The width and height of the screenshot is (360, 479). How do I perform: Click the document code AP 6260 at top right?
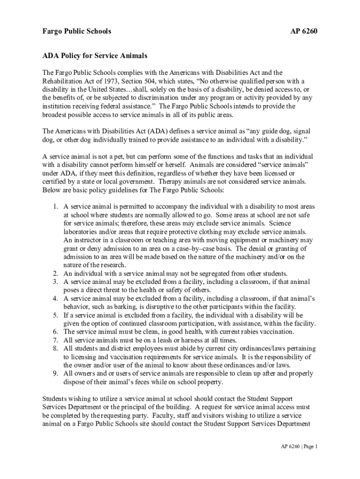tap(304, 31)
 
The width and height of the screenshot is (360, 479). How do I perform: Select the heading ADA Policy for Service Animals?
tap(95, 56)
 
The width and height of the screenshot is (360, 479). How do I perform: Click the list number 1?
tap(55, 206)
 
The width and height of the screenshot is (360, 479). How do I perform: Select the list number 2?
tap(55, 274)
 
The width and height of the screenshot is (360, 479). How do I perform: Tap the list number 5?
tap(55, 315)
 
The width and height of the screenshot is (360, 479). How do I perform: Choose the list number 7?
tap(55, 340)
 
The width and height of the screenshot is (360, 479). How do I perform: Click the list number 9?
tap(55, 374)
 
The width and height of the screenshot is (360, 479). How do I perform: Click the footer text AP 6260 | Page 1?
tap(296, 446)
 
